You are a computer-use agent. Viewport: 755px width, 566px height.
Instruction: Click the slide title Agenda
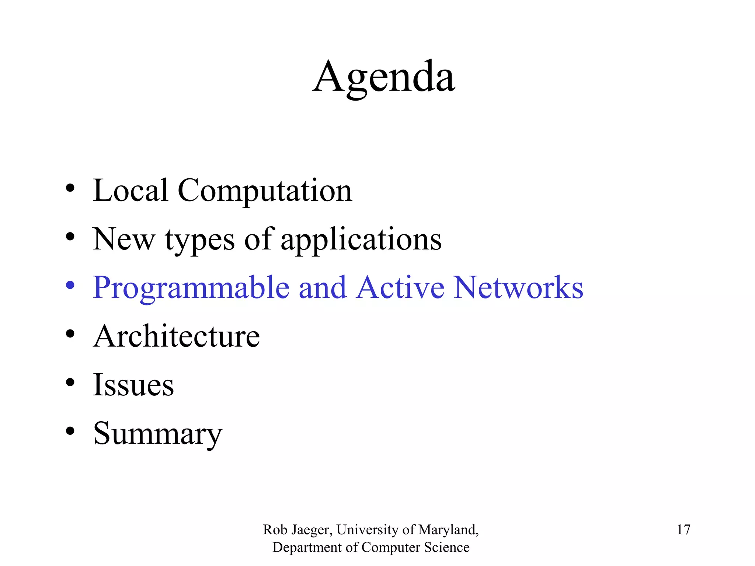click(x=384, y=78)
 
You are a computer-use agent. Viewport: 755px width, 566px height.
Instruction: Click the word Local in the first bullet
click(x=131, y=190)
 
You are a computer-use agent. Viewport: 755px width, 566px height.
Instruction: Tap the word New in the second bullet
click(x=123, y=239)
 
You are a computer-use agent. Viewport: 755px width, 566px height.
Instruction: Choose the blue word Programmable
click(x=191, y=289)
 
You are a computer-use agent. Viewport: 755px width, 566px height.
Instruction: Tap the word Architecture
click(x=177, y=336)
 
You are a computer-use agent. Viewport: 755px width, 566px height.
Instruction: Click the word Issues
click(x=133, y=385)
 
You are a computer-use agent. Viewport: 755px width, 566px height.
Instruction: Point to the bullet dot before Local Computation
click(x=70, y=188)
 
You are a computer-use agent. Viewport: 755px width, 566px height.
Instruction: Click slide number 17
click(x=683, y=530)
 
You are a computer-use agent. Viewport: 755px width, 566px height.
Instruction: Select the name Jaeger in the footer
click(x=312, y=530)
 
